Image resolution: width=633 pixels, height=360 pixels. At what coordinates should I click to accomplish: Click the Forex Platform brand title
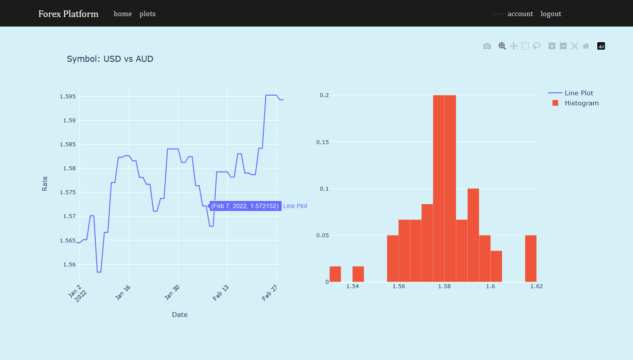68,14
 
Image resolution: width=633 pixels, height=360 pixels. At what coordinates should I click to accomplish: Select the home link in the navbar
123,14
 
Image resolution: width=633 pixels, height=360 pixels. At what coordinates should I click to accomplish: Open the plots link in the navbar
147,14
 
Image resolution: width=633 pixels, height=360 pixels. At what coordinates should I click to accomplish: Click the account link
520,14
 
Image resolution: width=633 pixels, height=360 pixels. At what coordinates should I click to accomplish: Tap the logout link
551,14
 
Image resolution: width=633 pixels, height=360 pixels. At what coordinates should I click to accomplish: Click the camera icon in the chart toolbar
487,46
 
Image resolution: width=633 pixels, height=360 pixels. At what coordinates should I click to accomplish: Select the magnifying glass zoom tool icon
502,46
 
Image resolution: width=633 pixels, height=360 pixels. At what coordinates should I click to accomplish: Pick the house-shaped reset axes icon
586,46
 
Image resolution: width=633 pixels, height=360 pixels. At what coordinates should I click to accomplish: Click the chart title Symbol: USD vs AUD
110,59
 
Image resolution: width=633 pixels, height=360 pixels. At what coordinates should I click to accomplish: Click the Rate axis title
45,183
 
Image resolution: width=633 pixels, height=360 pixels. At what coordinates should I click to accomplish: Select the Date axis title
180,314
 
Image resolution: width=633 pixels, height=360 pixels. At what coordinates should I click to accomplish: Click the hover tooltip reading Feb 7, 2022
245,206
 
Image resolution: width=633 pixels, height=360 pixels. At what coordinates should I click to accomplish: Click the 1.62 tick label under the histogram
536,286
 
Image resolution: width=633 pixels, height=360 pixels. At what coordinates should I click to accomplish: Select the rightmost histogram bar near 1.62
531,259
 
